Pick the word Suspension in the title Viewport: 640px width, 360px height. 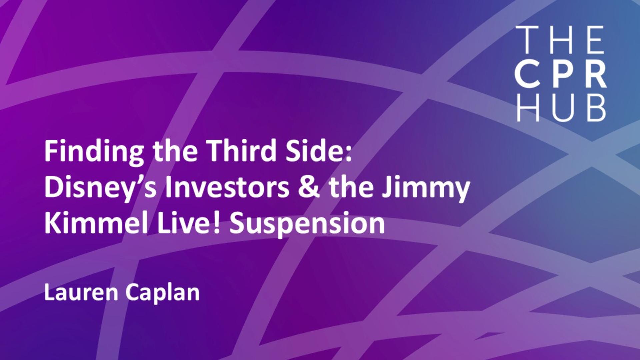(x=307, y=224)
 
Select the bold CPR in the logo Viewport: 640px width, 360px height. (x=561, y=75)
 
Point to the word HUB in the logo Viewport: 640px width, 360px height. (x=561, y=108)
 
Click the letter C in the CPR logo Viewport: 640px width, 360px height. (x=528, y=75)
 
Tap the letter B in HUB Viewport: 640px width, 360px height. (x=596, y=108)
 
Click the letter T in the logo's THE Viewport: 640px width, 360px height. (x=526, y=40)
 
